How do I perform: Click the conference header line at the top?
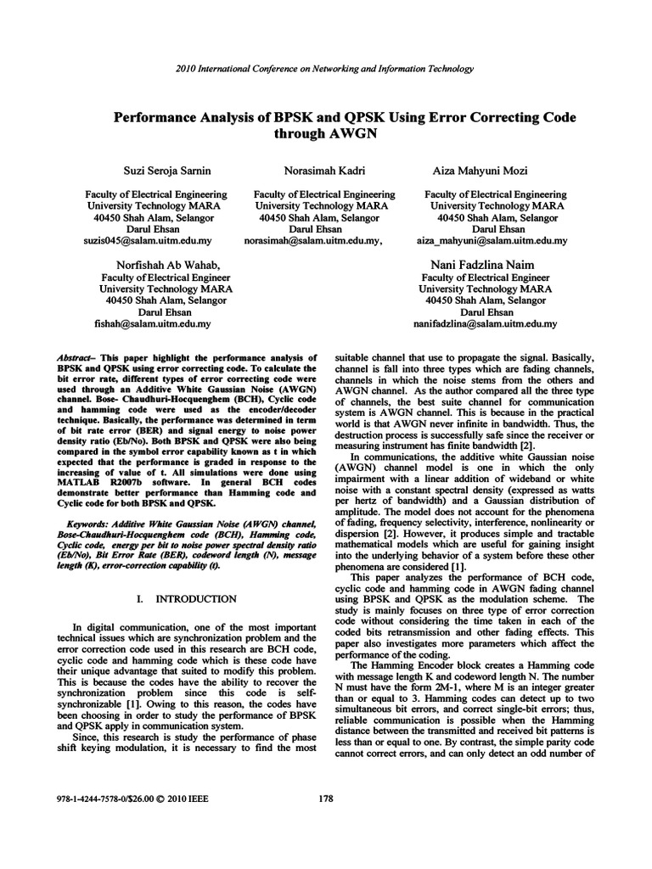(x=326, y=69)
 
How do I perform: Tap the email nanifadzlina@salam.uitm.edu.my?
(x=485, y=323)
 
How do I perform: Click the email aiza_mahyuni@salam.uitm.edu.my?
(x=491, y=241)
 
